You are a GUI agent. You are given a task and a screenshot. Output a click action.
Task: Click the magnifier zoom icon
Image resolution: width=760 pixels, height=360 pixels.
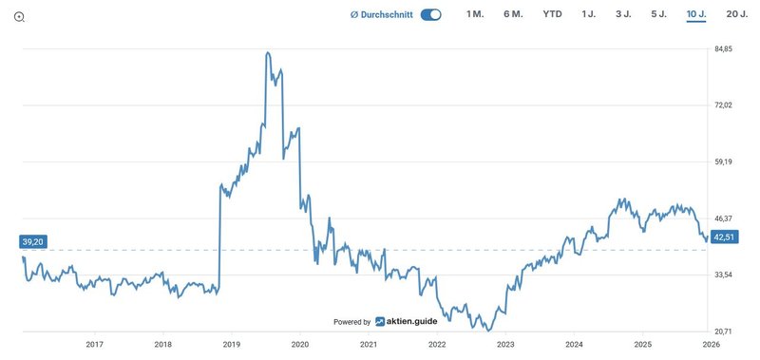coord(19,17)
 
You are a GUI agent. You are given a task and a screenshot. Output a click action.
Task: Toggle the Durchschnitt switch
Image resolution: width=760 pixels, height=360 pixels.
coord(431,14)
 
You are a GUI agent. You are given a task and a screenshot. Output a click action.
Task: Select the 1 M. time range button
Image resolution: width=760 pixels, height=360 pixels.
coord(475,14)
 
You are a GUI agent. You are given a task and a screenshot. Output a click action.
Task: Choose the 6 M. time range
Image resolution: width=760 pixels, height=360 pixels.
coord(513,14)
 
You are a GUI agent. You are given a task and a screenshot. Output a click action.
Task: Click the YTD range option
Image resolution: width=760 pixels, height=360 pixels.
coord(552,14)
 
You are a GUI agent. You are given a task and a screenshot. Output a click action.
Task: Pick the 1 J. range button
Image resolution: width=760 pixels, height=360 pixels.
coord(589,14)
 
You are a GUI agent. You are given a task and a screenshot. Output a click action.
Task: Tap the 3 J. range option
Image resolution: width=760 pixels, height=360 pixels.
coord(623,14)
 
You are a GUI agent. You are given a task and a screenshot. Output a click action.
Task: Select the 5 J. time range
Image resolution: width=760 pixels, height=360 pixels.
coord(658,14)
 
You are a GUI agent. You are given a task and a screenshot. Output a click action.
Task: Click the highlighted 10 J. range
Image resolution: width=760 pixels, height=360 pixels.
coord(695,14)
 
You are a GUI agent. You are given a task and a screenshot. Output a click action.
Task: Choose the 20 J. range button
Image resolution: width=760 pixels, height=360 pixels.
coord(736,14)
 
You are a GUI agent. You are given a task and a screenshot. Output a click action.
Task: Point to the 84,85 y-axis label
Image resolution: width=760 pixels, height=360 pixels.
coord(724,49)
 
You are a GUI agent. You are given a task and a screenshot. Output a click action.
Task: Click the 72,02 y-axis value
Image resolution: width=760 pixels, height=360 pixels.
coord(724,105)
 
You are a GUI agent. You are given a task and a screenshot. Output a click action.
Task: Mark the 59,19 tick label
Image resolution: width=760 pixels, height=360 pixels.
coord(724,162)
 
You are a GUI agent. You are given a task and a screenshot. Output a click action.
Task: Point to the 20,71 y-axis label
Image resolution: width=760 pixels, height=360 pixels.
coord(724,332)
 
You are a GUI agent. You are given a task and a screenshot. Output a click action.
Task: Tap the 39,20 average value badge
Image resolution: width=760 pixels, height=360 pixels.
coord(33,242)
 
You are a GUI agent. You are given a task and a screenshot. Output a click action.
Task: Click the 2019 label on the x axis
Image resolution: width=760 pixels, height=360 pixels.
coord(232,345)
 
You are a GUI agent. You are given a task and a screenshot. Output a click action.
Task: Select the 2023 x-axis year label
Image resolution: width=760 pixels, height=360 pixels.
coord(505,345)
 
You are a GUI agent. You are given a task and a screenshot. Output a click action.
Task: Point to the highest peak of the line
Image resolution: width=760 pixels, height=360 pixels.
coord(268,53)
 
